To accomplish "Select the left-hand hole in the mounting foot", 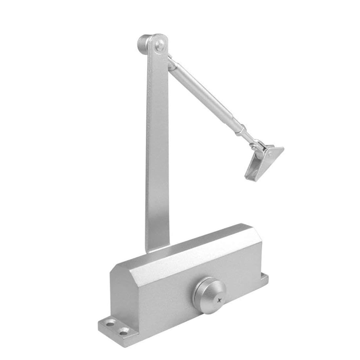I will point(110,323).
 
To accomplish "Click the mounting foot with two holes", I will point(114,326).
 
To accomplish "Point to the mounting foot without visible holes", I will point(263,279).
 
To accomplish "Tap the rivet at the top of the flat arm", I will point(159,44).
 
